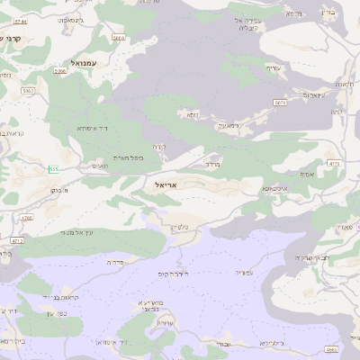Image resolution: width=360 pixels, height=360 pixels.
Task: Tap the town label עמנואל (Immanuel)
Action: [80, 64]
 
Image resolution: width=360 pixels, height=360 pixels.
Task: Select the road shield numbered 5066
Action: [60, 70]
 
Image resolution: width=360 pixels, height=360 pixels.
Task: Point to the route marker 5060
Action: [119, 38]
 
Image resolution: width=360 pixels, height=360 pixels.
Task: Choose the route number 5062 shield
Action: [28, 90]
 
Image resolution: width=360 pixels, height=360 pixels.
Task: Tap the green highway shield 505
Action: [54, 168]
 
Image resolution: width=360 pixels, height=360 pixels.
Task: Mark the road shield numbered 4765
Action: [26, 218]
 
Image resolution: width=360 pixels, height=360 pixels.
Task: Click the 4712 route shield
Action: [17, 241]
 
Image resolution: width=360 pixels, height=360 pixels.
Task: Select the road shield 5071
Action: [281, 103]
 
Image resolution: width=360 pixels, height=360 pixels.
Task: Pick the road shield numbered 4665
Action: [331, 349]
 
